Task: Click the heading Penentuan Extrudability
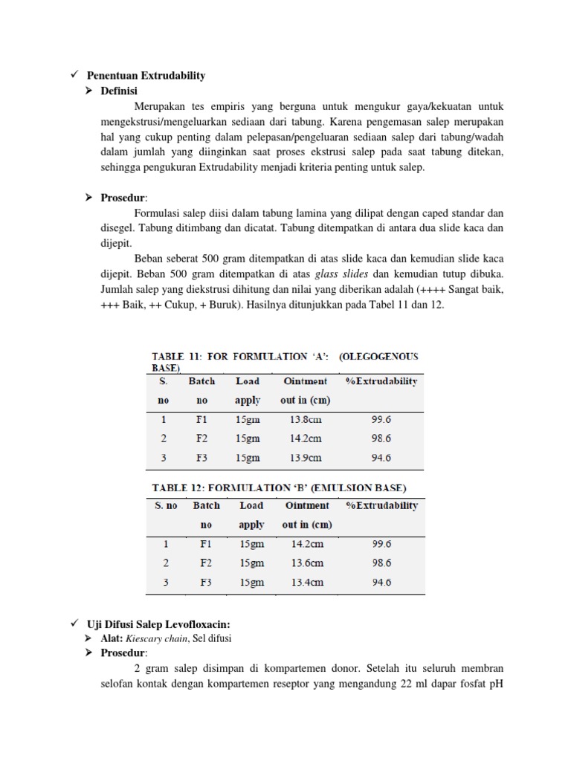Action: (146, 76)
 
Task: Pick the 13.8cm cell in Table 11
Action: (305, 419)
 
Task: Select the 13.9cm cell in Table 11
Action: (305, 458)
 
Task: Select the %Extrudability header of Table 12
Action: (381, 505)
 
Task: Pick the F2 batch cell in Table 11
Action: (201, 438)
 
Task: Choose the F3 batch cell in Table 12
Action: (206, 582)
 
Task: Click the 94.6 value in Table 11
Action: (381, 458)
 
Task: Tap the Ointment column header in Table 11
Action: (305, 381)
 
